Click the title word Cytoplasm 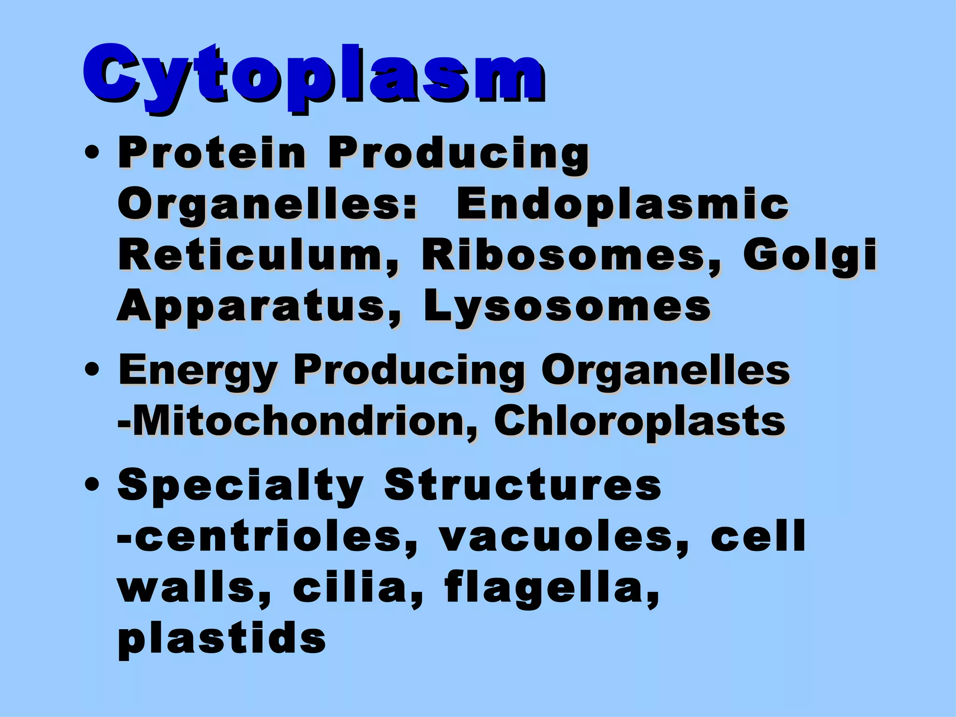point(314,75)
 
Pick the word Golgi point(810,256)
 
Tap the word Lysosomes point(567,306)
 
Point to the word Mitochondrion point(299,422)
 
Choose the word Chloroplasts point(640,422)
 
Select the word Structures point(522,485)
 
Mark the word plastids point(222,639)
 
